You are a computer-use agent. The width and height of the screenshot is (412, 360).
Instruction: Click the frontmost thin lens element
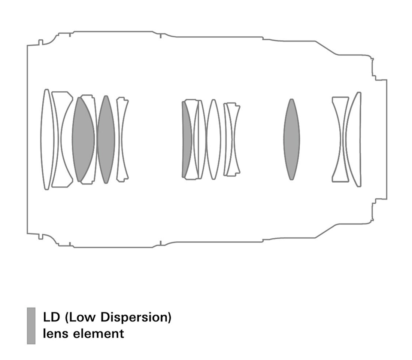coord(47,139)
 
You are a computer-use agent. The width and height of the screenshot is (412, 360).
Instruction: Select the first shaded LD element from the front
coord(83,139)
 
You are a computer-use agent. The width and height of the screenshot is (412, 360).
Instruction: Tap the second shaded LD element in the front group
coord(106,139)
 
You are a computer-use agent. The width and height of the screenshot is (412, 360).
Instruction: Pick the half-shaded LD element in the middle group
coord(187,139)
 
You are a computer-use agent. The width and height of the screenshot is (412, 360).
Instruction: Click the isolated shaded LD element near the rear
coord(291,139)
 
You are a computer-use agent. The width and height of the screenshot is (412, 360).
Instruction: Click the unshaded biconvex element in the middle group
coord(213,139)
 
